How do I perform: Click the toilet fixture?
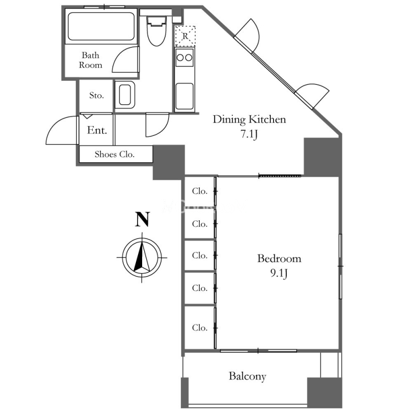click(157, 31)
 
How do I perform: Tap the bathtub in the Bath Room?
click(101, 26)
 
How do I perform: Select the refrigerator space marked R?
click(185, 36)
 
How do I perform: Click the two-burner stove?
click(184, 57)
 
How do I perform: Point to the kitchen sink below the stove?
click(184, 96)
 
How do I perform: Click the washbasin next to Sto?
click(125, 95)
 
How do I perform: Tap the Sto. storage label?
click(96, 95)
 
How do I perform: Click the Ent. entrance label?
click(97, 130)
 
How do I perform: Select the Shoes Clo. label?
click(114, 154)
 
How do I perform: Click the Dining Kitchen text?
click(249, 119)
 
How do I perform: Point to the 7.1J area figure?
click(249, 134)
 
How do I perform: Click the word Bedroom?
click(279, 259)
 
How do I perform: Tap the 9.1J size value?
click(279, 273)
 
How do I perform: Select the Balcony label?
click(248, 376)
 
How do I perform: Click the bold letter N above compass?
click(143, 219)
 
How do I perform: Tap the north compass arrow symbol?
click(142, 257)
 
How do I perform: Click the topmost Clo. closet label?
click(200, 191)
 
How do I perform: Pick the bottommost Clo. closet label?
click(200, 328)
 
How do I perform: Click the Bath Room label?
click(91, 60)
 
